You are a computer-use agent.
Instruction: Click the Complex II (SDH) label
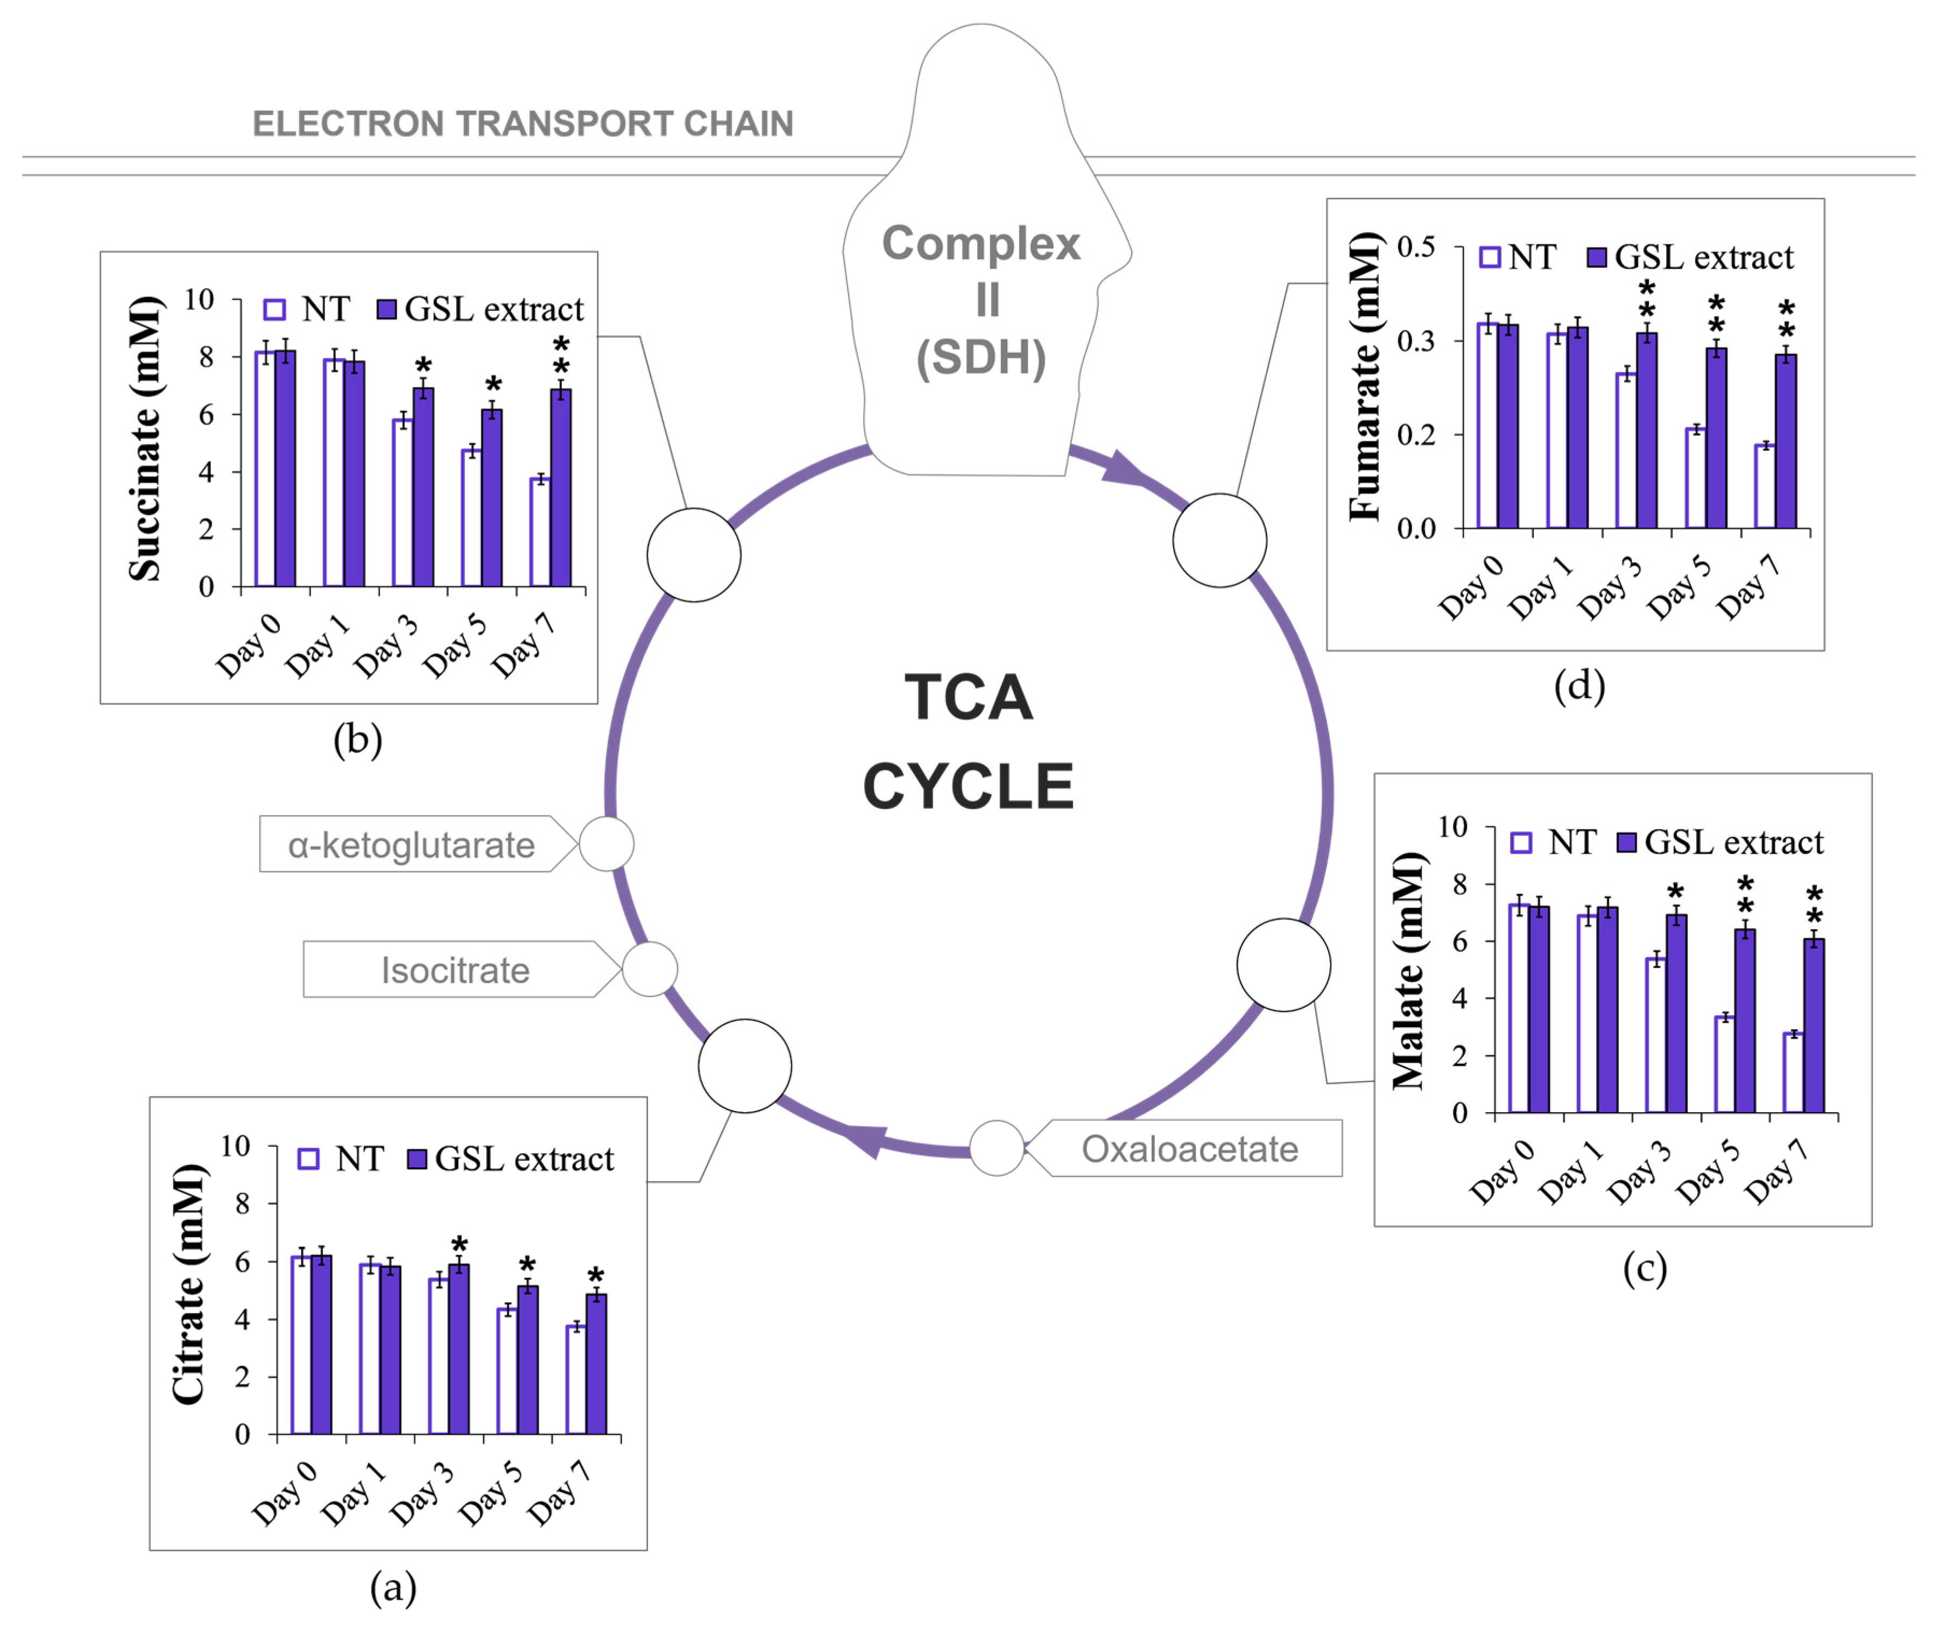click(981, 300)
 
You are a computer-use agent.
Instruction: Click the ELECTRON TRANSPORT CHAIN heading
click(523, 123)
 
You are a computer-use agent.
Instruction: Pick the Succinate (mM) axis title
click(145, 439)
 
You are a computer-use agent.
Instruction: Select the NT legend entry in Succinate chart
click(307, 309)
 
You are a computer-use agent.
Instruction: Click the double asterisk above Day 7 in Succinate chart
click(561, 356)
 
